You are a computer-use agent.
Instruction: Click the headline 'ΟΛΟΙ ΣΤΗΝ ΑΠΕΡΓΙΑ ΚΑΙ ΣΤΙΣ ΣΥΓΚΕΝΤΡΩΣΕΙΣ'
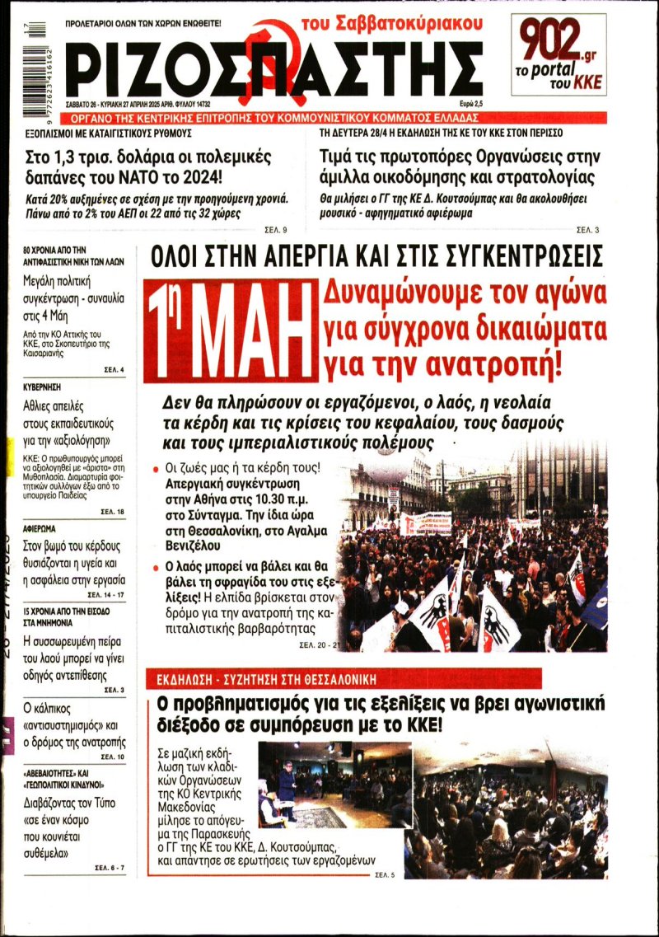[x=376, y=256]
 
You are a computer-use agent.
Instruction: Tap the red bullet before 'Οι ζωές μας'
[x=156, y=469]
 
